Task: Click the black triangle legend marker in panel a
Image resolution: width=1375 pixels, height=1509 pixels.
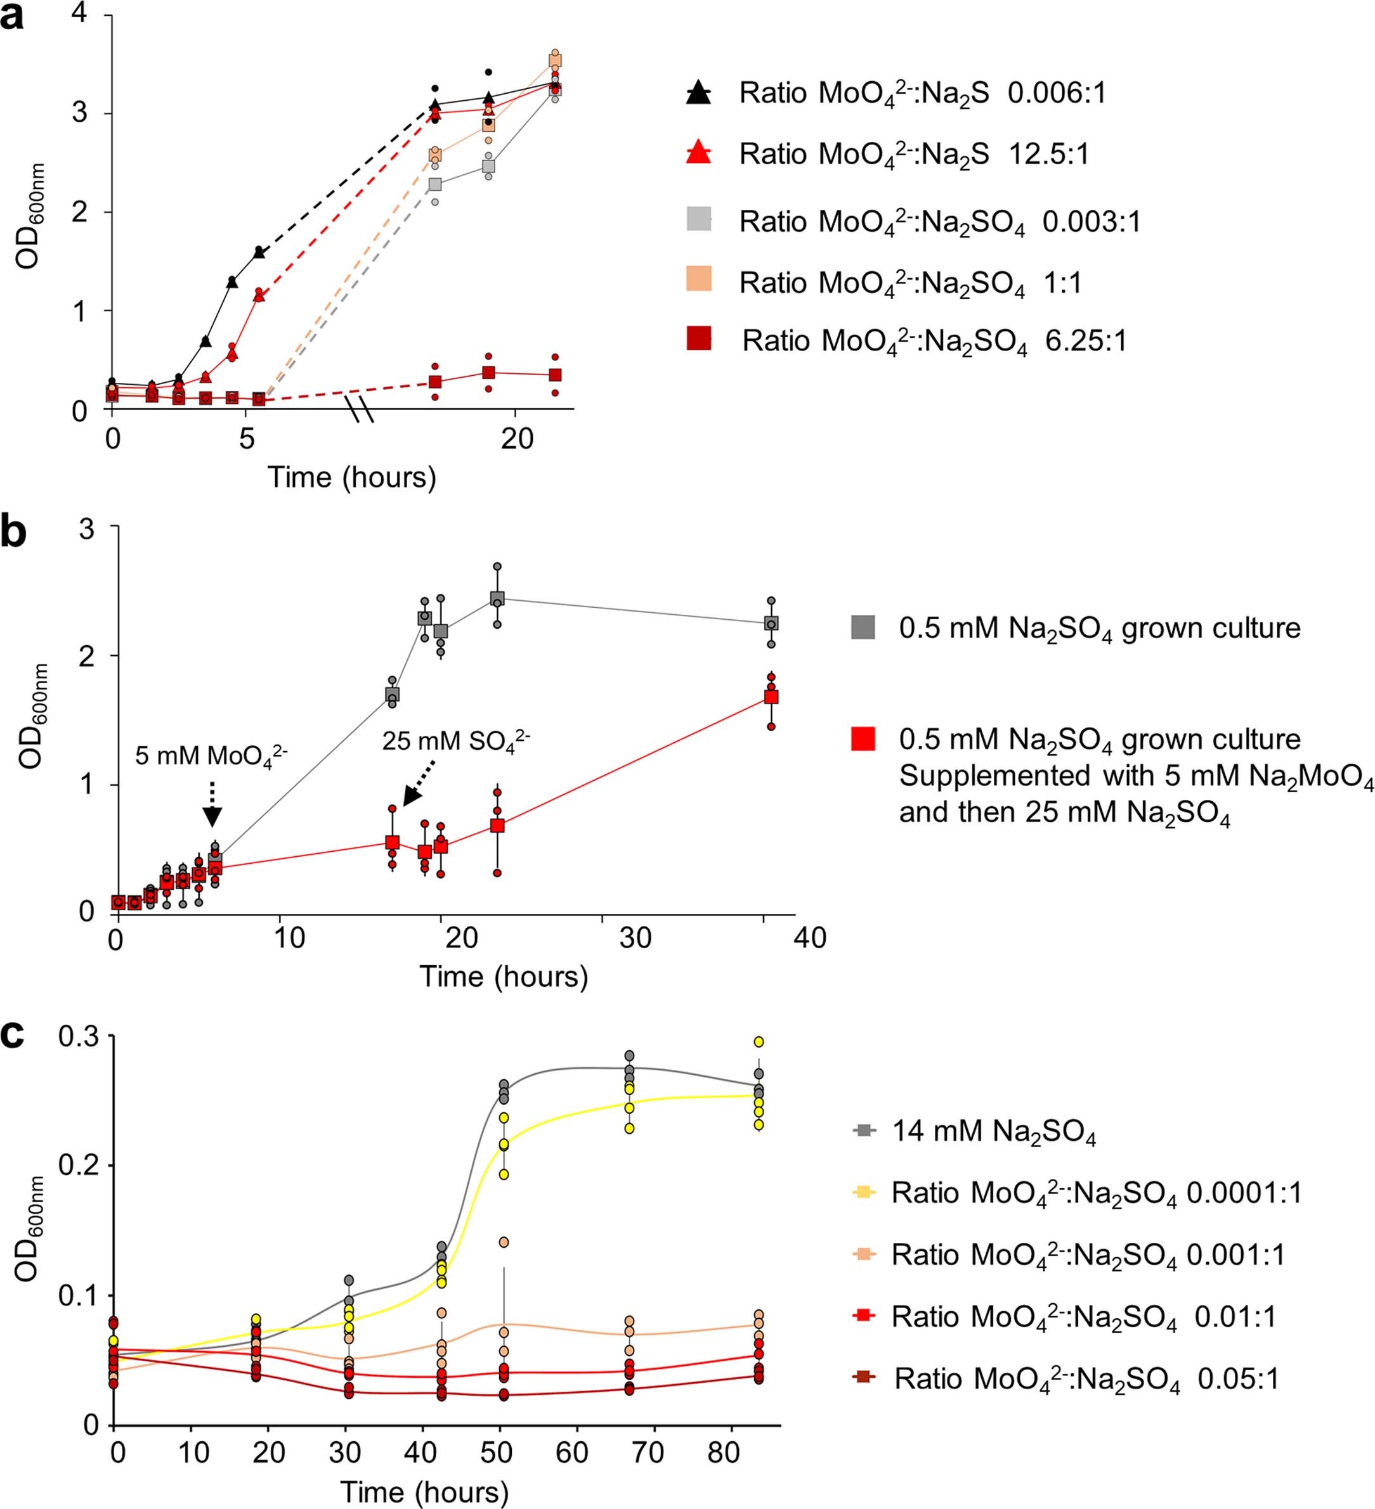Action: [698, 93]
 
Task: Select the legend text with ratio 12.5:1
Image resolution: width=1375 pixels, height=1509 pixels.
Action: [914, 154]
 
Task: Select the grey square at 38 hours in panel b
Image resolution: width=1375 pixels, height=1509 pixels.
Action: [771, 623]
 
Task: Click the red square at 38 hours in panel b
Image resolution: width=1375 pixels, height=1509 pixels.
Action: [771, 697]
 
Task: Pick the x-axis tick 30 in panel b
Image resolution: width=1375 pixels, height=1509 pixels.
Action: [635, 939]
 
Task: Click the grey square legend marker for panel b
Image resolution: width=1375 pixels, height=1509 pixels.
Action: [863, 627]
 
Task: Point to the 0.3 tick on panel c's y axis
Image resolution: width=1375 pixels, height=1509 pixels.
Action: [82, 1037]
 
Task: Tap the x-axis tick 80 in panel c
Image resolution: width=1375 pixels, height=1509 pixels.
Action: [724, 1452]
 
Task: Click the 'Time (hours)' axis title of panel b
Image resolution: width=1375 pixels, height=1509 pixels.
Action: [504, 977]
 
